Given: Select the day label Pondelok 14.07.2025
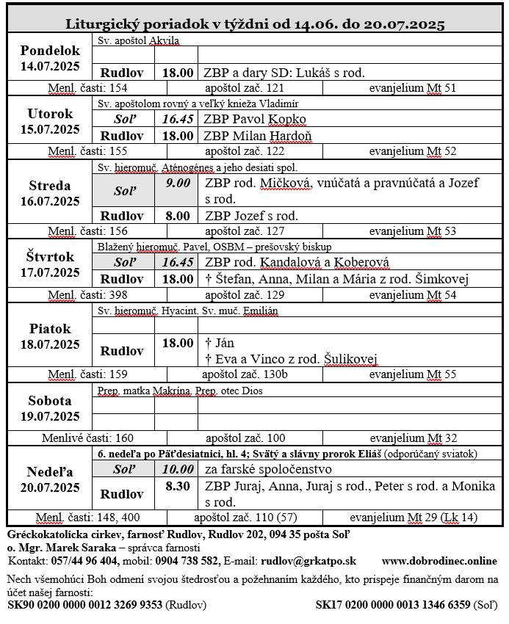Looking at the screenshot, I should click(x=50, y=58).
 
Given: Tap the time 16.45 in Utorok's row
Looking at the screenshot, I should click(x=178, y=119).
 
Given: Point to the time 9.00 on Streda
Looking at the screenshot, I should click(x=178, y=183).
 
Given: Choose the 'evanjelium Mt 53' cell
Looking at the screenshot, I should click(x=412, y=231).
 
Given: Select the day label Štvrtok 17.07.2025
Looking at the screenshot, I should click(x=50, y=264).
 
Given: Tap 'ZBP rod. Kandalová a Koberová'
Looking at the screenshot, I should click(x=297, y=262).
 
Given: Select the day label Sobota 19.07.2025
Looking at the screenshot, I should click(x=50, y=409).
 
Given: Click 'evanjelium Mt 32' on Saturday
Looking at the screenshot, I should click(x=412, y=438).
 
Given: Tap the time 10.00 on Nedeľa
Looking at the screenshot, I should click(x=178, y=469).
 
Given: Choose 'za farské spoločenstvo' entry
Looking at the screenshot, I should click(x=268, y=469).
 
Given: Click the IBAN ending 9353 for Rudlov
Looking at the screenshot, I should click(x=84, y=605).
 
